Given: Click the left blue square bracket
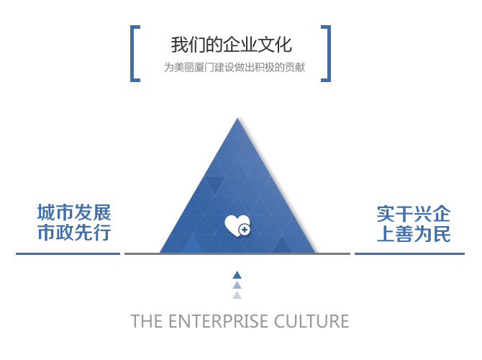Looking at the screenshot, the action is pos(132,53).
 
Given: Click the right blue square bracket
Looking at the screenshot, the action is pos(329,53).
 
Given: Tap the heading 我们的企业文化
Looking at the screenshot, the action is pos(231,45).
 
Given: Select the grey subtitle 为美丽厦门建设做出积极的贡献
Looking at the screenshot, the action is pos(235,67).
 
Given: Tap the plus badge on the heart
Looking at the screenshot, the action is pos(245,230).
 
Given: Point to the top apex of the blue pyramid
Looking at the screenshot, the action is pos(237,118).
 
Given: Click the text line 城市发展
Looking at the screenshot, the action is pos(74,212).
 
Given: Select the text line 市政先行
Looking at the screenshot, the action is pos(74,233).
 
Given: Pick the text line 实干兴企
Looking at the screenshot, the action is pos(414,214).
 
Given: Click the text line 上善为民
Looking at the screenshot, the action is pos(414,234).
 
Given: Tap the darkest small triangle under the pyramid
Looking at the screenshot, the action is pos(237,275).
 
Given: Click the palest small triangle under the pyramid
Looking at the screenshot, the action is pos(237,295).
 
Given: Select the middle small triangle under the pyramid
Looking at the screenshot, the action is pos(237,285).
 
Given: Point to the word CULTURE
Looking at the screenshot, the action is pos(312,321).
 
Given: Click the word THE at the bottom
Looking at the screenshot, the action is pos(147,321).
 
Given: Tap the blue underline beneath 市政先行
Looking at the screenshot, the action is pos(68,254).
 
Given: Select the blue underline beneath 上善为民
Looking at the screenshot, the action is pos(409,254).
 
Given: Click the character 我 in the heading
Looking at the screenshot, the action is pos(179,45).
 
